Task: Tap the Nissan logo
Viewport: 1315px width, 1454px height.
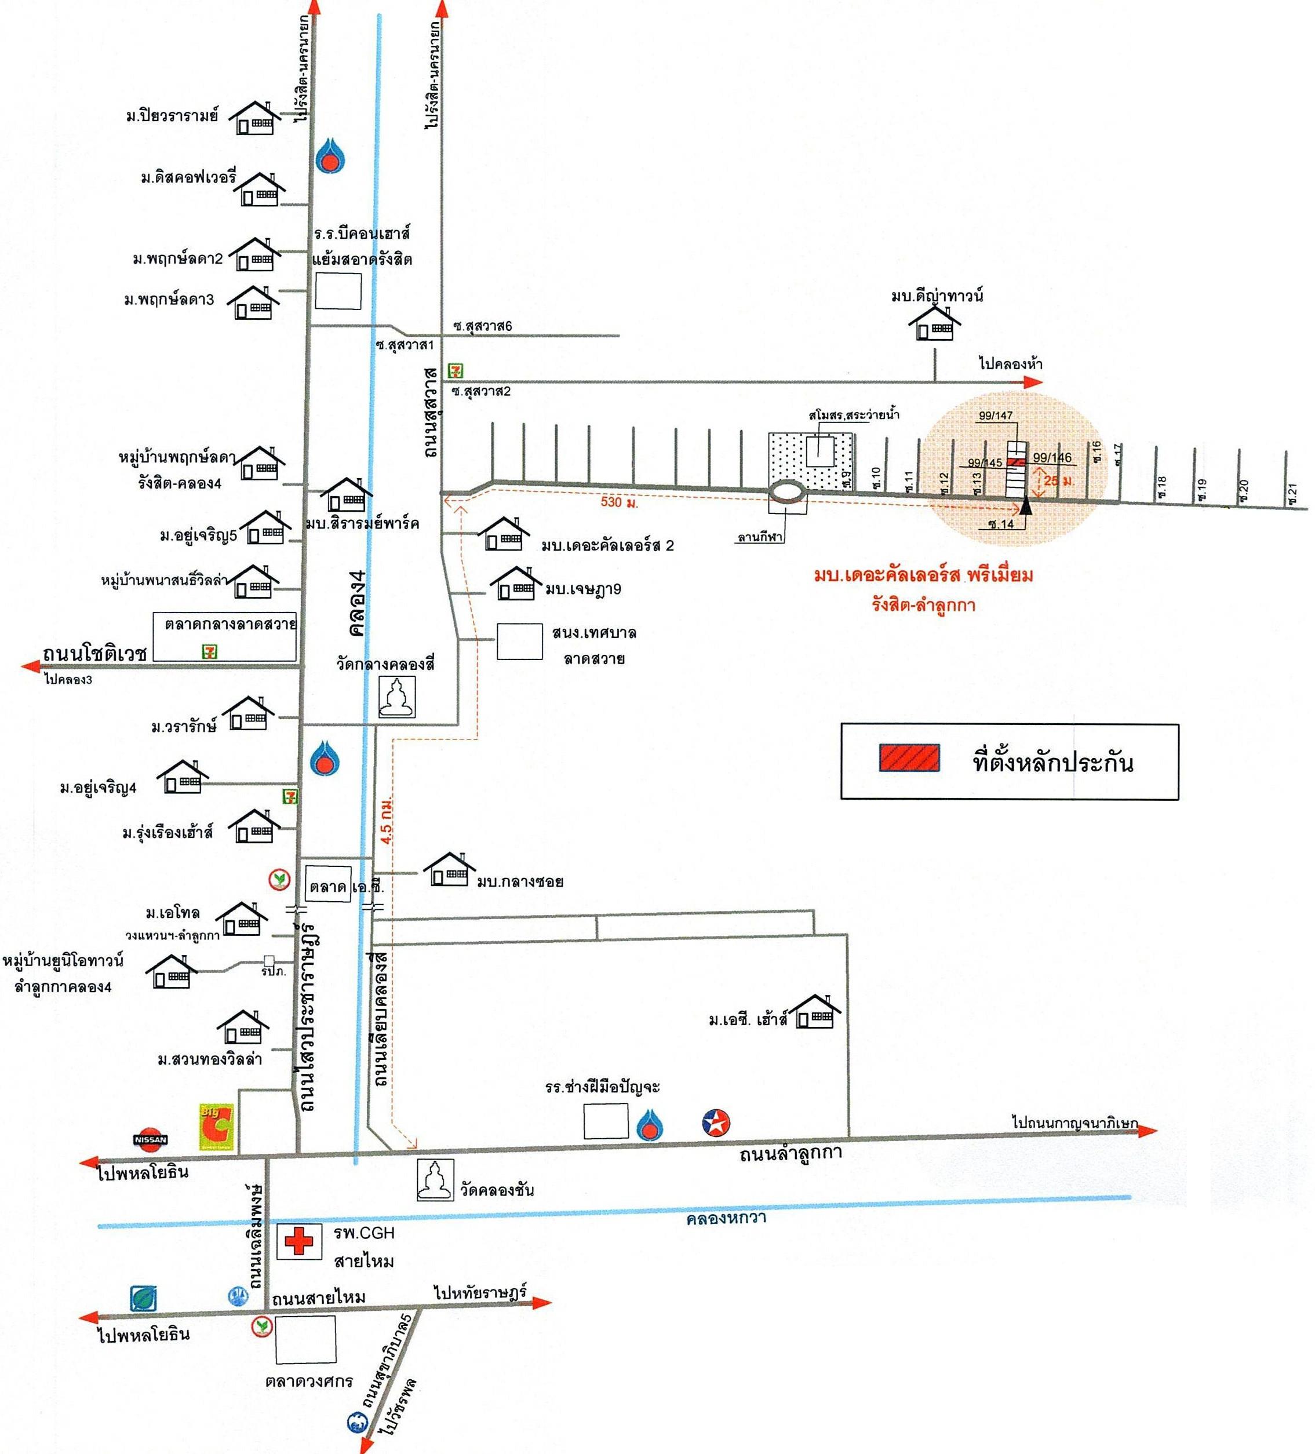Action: click(151, 1139)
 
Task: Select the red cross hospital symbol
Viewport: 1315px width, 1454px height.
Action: click(298, 1241)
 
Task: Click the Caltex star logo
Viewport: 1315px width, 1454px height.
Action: click(716, 1123)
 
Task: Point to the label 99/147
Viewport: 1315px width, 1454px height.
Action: click(996, 416)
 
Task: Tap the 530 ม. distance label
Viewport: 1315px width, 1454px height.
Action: click(619, 501)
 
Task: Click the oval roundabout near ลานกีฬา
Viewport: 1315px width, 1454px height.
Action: click(786, 492)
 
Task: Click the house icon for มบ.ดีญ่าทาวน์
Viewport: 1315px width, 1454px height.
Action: click(934, 324)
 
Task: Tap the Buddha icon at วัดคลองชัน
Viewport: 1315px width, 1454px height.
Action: click(436, 1180)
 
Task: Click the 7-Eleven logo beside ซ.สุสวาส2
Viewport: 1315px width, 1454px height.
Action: click(455, 371)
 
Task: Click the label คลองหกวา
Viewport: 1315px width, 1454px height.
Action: click(726, 1218)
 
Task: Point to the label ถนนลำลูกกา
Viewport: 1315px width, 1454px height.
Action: click(791, 1154)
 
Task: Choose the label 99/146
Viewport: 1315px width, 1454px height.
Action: click(1052, 457)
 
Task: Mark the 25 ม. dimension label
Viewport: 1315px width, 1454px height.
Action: click(1058, 480)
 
